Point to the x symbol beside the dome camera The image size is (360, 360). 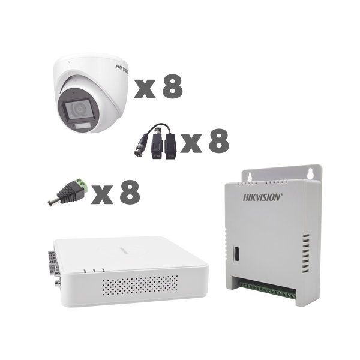(x=145, y=90)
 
